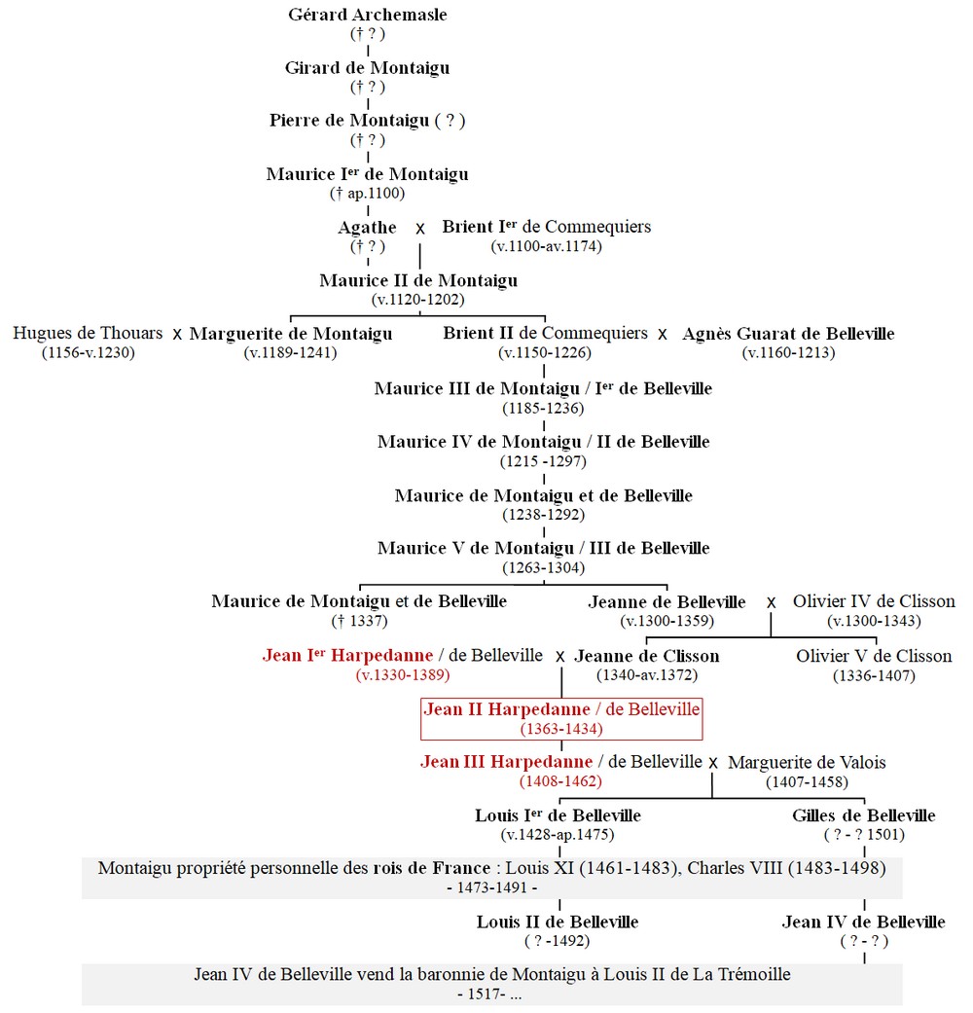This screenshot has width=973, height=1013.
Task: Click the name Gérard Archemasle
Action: point(368,15)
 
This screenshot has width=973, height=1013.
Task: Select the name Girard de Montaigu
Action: point(368,68)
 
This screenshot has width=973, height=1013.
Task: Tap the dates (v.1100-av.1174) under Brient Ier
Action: point(546,246)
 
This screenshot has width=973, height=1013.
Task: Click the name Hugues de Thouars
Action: point(88,333)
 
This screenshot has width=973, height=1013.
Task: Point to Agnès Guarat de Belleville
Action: point(788,334)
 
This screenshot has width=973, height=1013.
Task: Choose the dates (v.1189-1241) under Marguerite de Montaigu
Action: point(290,352)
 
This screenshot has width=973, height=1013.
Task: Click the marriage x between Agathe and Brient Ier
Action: point(420,229)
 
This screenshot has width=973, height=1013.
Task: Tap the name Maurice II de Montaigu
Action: point(418,280)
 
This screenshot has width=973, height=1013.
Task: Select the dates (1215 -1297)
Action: point(543,461)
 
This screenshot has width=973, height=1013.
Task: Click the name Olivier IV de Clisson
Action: point(874,600)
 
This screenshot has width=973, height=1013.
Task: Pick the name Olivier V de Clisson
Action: point(874,656)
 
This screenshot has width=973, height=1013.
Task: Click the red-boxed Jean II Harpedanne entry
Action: point(561,718)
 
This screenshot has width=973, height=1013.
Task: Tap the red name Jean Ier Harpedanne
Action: point(347,655)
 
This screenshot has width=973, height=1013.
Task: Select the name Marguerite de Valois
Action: point(807,762)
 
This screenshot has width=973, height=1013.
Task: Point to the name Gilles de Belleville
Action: point(864,815)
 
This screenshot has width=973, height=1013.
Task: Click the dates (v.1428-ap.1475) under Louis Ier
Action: point(558,835)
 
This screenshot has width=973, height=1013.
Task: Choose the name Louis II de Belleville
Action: point(558,922)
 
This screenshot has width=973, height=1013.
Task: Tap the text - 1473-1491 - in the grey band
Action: point(492,887)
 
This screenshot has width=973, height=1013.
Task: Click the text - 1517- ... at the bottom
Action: point(489,995)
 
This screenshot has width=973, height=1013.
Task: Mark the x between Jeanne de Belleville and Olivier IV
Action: point(772,602)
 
